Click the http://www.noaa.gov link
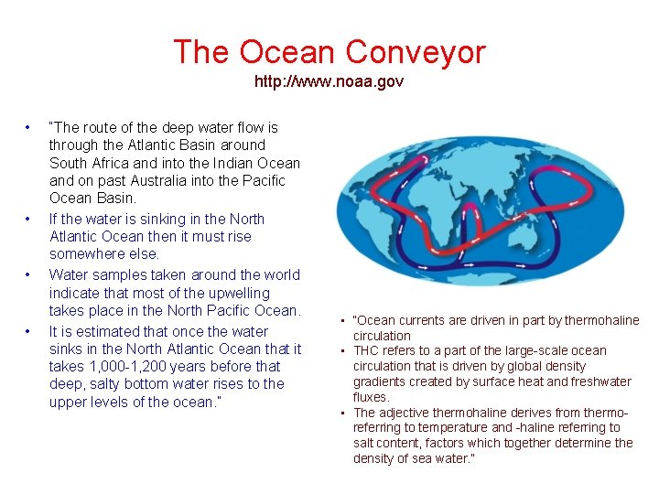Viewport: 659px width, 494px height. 329,81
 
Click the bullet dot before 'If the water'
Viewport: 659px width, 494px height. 29,219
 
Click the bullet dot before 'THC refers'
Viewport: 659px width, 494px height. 341,350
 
